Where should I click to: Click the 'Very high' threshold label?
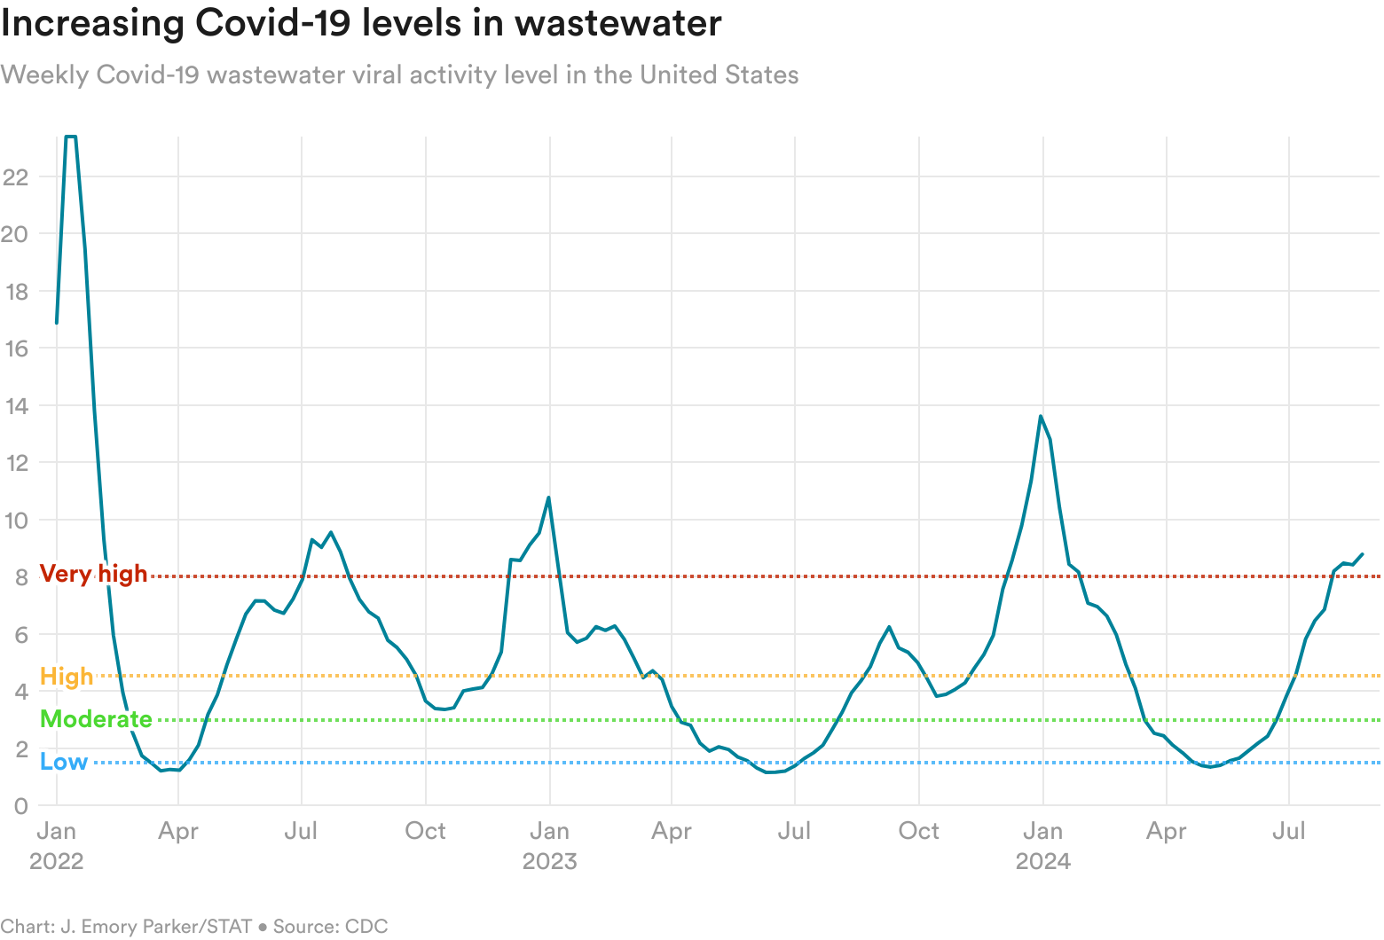tap(93, 574)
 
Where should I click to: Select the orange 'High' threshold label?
tap(67, 677)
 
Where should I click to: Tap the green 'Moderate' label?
tap(96, 719)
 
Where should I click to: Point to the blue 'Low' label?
tap(64, 762)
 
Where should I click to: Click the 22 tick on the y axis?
tap(16, 177)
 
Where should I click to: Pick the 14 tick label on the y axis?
tap(16, 406)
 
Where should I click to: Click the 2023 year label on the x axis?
tap(549, 861)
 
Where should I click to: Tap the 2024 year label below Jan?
tap(1042, 861)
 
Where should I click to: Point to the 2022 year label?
tap(56, 861)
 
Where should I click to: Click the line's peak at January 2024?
tap(1041, 416)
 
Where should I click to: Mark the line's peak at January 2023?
tap(548, 497)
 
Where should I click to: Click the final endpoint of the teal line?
tap(1362, 554)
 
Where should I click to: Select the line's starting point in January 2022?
tap(57, 323)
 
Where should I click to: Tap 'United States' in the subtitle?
tap(719, 74)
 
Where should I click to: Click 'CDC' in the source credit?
tap(366, 927)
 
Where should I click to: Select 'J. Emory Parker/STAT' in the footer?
tap(156, 927)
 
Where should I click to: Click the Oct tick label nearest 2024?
tap(918, 831)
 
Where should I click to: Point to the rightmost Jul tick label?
tap(1288, 831)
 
